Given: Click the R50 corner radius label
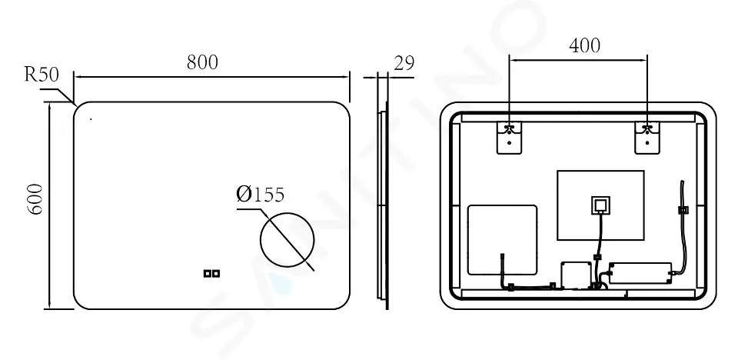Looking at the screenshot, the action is (42, 75).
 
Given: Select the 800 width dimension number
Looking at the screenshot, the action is (202, 62).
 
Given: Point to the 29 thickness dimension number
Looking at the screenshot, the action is (404, 62).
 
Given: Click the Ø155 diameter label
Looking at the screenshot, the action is (261, 194).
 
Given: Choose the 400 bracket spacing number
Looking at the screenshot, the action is (584, 45).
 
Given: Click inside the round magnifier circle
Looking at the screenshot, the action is (287, 239).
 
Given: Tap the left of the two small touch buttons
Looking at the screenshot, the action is (207, 273).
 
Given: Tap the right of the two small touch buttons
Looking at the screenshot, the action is (216, 273).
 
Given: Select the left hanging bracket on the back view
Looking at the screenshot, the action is (509, 138).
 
